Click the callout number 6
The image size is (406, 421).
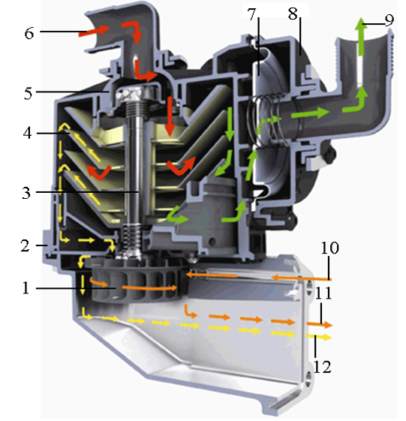pyautogui.click(x=29, y=34)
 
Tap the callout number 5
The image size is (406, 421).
pyautogui.click(x=28, y=94)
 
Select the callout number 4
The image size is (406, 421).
pyautogui.click(x=28, y=133)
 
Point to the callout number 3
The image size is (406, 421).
pyautogui.click(x=26, y=193)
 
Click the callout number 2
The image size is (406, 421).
pyautogui.click(x=26, y=245)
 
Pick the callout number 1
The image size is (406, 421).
pyautogui.click(x=26, y=288)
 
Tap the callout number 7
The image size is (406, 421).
pyautogui.click(x=252, y=14)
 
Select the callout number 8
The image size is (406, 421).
pyautogui.click(x=293, y=14)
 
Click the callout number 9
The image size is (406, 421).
pyautogui.click(x=389, y=20)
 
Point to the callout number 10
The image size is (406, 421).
pyautogui.click(x=330, y=248)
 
